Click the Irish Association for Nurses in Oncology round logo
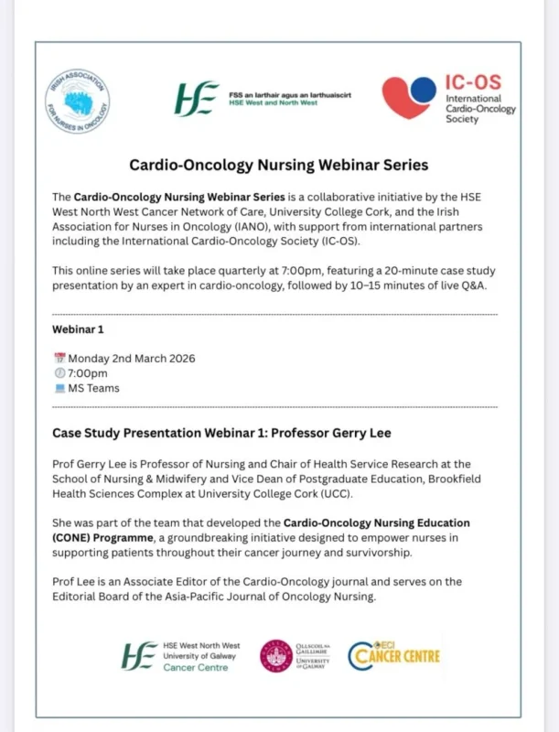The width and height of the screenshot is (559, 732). tap(78, 101)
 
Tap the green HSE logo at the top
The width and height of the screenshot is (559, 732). tap(198, 96)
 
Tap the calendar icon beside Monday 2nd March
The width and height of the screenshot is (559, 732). tap(60, 359)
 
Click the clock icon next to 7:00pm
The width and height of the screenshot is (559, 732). tap(60, 373)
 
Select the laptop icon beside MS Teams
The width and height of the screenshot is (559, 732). tap(60, 388)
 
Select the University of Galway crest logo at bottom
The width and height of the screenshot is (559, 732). tap(275, 655)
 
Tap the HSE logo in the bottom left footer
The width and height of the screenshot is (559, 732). tap(140, 655)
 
